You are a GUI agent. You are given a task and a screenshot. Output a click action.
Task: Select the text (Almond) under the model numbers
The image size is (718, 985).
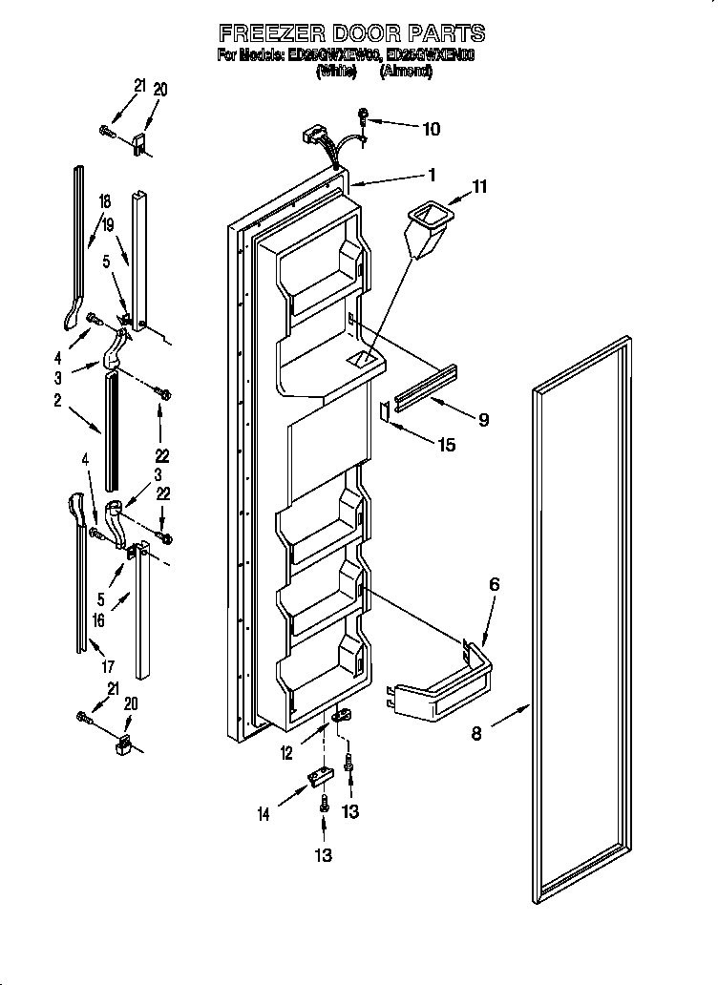point(408,73)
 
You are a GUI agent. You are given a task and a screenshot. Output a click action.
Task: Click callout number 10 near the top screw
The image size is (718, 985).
point(431,128)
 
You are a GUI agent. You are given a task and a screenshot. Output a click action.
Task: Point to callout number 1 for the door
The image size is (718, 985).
point(432,175)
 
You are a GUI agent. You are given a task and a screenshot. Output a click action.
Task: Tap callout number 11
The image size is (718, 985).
point(479,187)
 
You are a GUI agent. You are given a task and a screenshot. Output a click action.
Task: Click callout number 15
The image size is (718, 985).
point(445,444)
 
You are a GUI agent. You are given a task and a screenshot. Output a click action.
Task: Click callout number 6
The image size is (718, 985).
point(494,584)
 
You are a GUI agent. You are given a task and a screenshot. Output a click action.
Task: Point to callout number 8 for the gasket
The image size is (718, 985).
point(477,733)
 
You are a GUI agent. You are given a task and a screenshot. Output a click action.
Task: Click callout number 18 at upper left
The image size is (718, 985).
point(105,201)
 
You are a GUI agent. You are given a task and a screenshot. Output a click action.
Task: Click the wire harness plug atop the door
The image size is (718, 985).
point(315,136)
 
